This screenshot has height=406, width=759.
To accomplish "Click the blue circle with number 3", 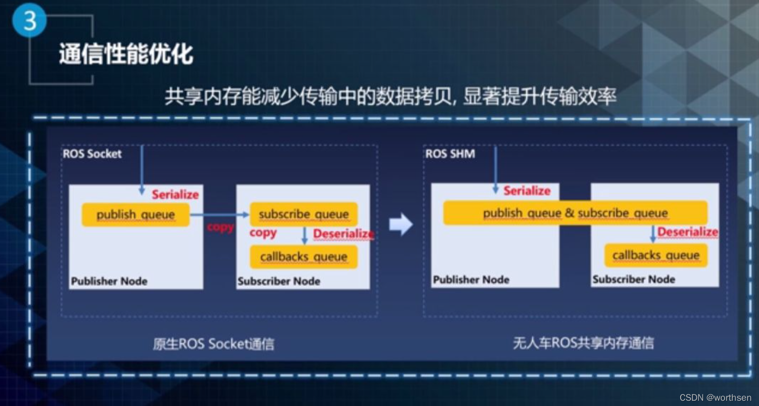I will click(29, 21).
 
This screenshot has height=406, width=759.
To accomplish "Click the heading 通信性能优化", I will click(126, 53).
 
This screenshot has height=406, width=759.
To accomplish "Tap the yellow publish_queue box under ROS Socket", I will click(136, 215).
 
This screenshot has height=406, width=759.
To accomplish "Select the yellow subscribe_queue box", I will click(304, 214).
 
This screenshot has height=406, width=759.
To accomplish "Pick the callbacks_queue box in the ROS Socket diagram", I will click(304, 257).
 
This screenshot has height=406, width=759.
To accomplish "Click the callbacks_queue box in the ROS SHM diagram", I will click(656, 255).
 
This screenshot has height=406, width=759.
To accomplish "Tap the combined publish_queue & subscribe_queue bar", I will click(575, 213).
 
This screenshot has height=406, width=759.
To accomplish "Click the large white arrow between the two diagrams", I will click(401, 224).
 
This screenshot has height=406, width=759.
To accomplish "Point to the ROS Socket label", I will click(92, 154).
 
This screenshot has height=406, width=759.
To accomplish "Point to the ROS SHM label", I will click(450, 154).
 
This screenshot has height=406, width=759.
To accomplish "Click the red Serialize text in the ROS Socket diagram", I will click(175, 194).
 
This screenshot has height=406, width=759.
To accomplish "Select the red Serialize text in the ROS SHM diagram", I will click(527, 191).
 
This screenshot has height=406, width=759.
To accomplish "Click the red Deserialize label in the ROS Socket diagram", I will click(343, 234).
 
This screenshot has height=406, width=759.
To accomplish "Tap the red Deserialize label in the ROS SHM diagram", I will click(687, 232).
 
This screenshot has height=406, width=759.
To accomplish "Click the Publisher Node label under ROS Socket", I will click(109, 281).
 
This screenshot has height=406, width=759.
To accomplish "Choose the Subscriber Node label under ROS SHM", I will click(633, 279).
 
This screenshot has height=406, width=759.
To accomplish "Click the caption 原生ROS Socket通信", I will click(213, 344).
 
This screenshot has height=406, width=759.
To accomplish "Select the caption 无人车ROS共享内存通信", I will click(583, 343).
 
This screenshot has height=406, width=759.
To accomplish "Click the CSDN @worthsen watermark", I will click(715, 397).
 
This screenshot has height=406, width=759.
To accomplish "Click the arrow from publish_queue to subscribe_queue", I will click(220, 215).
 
